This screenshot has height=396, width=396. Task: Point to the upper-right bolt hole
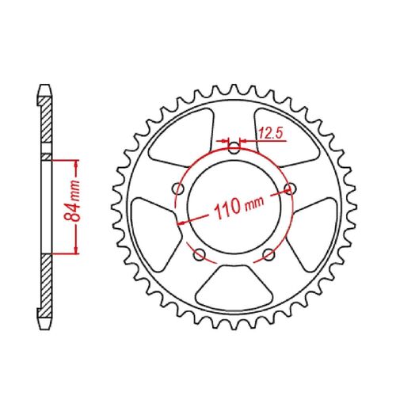click(288, 188)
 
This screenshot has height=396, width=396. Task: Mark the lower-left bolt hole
click(200, 253)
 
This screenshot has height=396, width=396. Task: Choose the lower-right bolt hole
click(268, 253)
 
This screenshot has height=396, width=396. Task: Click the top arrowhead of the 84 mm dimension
click(77, 162)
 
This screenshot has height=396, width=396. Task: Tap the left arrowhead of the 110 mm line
click(185, 223)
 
